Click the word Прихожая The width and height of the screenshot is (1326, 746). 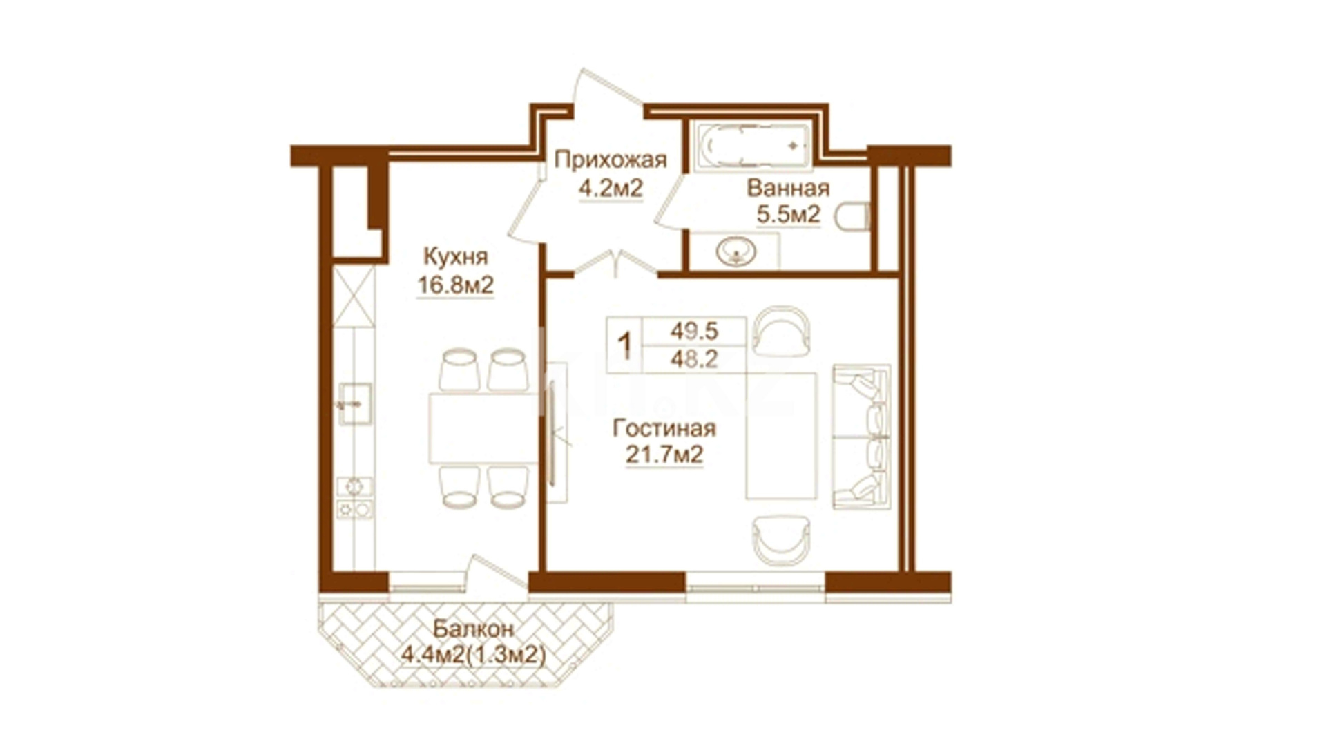click(611, 161)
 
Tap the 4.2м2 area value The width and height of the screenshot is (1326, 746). click(611, 188)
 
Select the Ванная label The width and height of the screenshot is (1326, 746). click(788, 188)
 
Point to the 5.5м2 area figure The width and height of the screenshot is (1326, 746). click(788, 215)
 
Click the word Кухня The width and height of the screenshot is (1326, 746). click(455, 257)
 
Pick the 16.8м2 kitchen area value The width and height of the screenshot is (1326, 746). click(455, 285)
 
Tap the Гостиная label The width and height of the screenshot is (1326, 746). click(664, 429)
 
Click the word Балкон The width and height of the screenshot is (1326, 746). click(474, 629)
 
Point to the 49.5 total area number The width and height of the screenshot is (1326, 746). click(694, 332)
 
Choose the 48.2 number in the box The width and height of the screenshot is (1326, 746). click(694, 359)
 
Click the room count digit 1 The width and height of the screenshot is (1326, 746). click(625, 344)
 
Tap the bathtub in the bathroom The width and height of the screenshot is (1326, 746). click(752, 146)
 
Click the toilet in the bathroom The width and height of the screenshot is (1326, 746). click(851, 217)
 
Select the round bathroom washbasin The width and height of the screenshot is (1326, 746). click(736, 251)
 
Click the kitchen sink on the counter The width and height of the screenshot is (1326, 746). click(355, 404)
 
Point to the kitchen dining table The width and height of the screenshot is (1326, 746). click(483, 428)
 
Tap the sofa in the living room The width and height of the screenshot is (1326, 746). click(861, 437)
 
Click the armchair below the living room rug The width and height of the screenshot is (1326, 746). click(781, 540)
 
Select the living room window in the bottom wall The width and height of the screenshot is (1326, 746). click(756, 589)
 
